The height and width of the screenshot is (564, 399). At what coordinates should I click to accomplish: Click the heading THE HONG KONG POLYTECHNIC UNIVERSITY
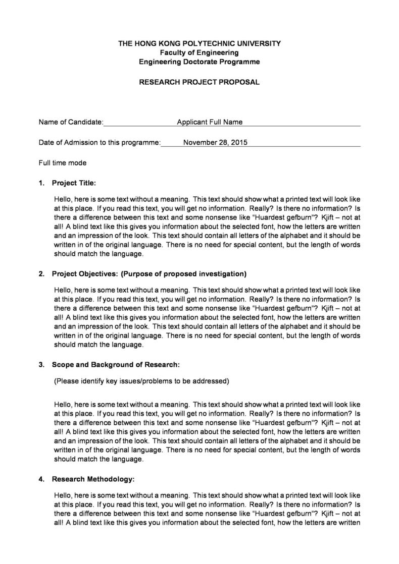[x=199, y=44]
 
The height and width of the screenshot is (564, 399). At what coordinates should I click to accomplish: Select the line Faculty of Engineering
[x=199, y=53]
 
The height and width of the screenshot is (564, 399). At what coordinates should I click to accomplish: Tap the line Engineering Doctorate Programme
[x=199, y=62]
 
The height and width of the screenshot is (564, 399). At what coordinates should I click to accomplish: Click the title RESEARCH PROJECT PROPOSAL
[x=199, y=82]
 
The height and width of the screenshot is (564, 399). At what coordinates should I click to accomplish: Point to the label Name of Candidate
[x=71, y=122]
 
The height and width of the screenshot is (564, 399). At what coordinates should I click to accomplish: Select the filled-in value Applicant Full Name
[x=210, y=122]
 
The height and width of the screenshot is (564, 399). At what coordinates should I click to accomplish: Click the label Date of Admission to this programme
[x=99, y=143]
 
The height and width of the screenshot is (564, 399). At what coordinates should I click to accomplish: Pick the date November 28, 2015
[x=215, y=143]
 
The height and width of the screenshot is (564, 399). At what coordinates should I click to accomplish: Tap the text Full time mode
[x=62, y=163]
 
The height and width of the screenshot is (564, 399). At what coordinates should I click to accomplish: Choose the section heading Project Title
[x=74, y=183]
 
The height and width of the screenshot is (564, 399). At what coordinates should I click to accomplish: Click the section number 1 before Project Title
[x=41, y=183]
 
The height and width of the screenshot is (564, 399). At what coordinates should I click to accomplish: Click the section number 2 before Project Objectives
[x=41, y=274]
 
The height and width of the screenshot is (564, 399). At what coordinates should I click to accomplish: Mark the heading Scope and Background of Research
[x=116, y=365]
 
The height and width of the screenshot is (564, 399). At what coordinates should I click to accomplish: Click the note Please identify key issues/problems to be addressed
[x=141, y=381]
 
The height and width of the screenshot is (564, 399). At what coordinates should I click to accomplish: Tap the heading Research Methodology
[x=93, y=479]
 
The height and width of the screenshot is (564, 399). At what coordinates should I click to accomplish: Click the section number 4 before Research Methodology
[x=41, y=479]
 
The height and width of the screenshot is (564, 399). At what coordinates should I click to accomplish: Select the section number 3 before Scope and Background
[x=41, y=365]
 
